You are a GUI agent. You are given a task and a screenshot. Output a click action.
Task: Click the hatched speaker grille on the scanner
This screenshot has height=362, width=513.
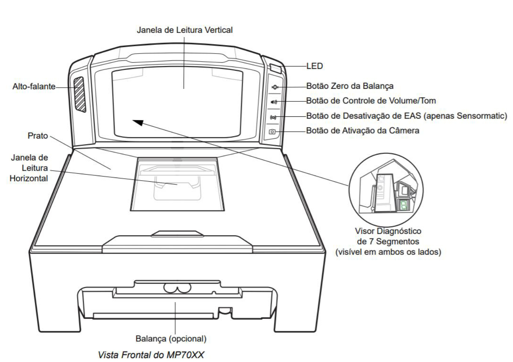(80, 95)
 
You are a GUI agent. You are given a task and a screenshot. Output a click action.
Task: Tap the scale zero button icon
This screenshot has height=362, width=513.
(275, 87)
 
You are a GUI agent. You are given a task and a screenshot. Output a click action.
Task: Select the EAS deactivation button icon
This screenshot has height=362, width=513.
(273, 117)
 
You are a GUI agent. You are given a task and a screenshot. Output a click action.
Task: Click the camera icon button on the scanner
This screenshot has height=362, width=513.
(272, 132)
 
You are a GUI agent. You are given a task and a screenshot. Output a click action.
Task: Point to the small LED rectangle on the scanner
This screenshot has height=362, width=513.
(275, 68)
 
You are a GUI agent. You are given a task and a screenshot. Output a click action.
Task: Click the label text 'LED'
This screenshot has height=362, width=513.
(315, 66)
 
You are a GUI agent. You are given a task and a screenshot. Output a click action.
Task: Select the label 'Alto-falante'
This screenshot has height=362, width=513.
(34, 86)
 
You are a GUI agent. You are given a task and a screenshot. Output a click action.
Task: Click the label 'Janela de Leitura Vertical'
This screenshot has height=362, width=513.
(185, 30)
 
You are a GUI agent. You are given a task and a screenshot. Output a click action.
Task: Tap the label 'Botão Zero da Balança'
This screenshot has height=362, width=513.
(350, 86)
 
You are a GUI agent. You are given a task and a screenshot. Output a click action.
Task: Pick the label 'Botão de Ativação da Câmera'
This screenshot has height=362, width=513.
(363, 130)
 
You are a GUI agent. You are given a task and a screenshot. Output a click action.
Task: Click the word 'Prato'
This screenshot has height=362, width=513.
(38, 135)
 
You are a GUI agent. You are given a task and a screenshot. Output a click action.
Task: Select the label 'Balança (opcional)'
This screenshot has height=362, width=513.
(171, 339)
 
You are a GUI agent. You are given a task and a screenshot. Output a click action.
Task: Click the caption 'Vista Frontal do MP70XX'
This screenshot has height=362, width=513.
(151, 355)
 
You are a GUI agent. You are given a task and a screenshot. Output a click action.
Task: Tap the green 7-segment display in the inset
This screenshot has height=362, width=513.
(403, 205)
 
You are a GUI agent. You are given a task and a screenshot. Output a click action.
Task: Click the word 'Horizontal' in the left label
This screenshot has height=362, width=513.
(29, 178)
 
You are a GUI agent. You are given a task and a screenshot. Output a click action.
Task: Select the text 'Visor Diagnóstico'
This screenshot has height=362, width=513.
(388, 231)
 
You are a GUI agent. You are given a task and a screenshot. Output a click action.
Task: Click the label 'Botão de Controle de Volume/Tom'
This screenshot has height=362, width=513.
(371, 101)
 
